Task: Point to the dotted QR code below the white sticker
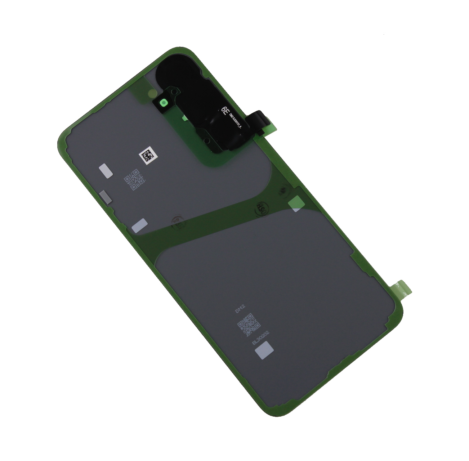tap(134, 180)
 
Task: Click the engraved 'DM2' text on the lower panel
tap(240, 308)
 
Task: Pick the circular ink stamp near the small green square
tap(261, 208)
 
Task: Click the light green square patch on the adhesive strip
tap(295, 204)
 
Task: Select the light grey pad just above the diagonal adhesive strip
tap(139, 225)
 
